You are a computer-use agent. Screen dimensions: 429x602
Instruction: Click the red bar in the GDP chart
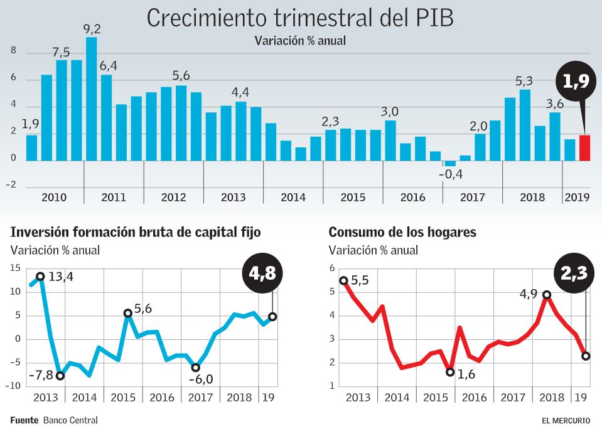tap(584, 148)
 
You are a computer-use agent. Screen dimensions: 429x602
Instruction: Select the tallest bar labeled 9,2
tap(92, 98)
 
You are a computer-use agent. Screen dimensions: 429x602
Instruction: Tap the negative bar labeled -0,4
tap(450, 164)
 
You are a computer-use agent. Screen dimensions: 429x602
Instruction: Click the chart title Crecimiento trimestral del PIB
tap(300, 18)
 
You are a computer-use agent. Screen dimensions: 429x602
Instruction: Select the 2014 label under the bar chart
tap(293, 198)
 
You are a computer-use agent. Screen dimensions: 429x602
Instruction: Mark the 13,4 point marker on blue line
tap(41, 276)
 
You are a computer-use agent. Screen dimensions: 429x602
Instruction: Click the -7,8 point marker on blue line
tap(60, 376)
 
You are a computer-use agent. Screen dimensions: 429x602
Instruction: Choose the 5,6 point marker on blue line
tap(128, 313)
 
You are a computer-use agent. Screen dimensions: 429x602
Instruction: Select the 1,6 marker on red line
tap(450, 372)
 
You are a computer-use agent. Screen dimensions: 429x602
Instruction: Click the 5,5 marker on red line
tap(343, 280)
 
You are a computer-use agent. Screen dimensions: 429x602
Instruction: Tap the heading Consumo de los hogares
tap(402, 232)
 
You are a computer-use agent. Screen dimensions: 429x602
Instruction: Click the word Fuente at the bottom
tap(24, 420)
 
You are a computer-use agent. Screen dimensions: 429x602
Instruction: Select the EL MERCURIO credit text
tap(566, 420)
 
